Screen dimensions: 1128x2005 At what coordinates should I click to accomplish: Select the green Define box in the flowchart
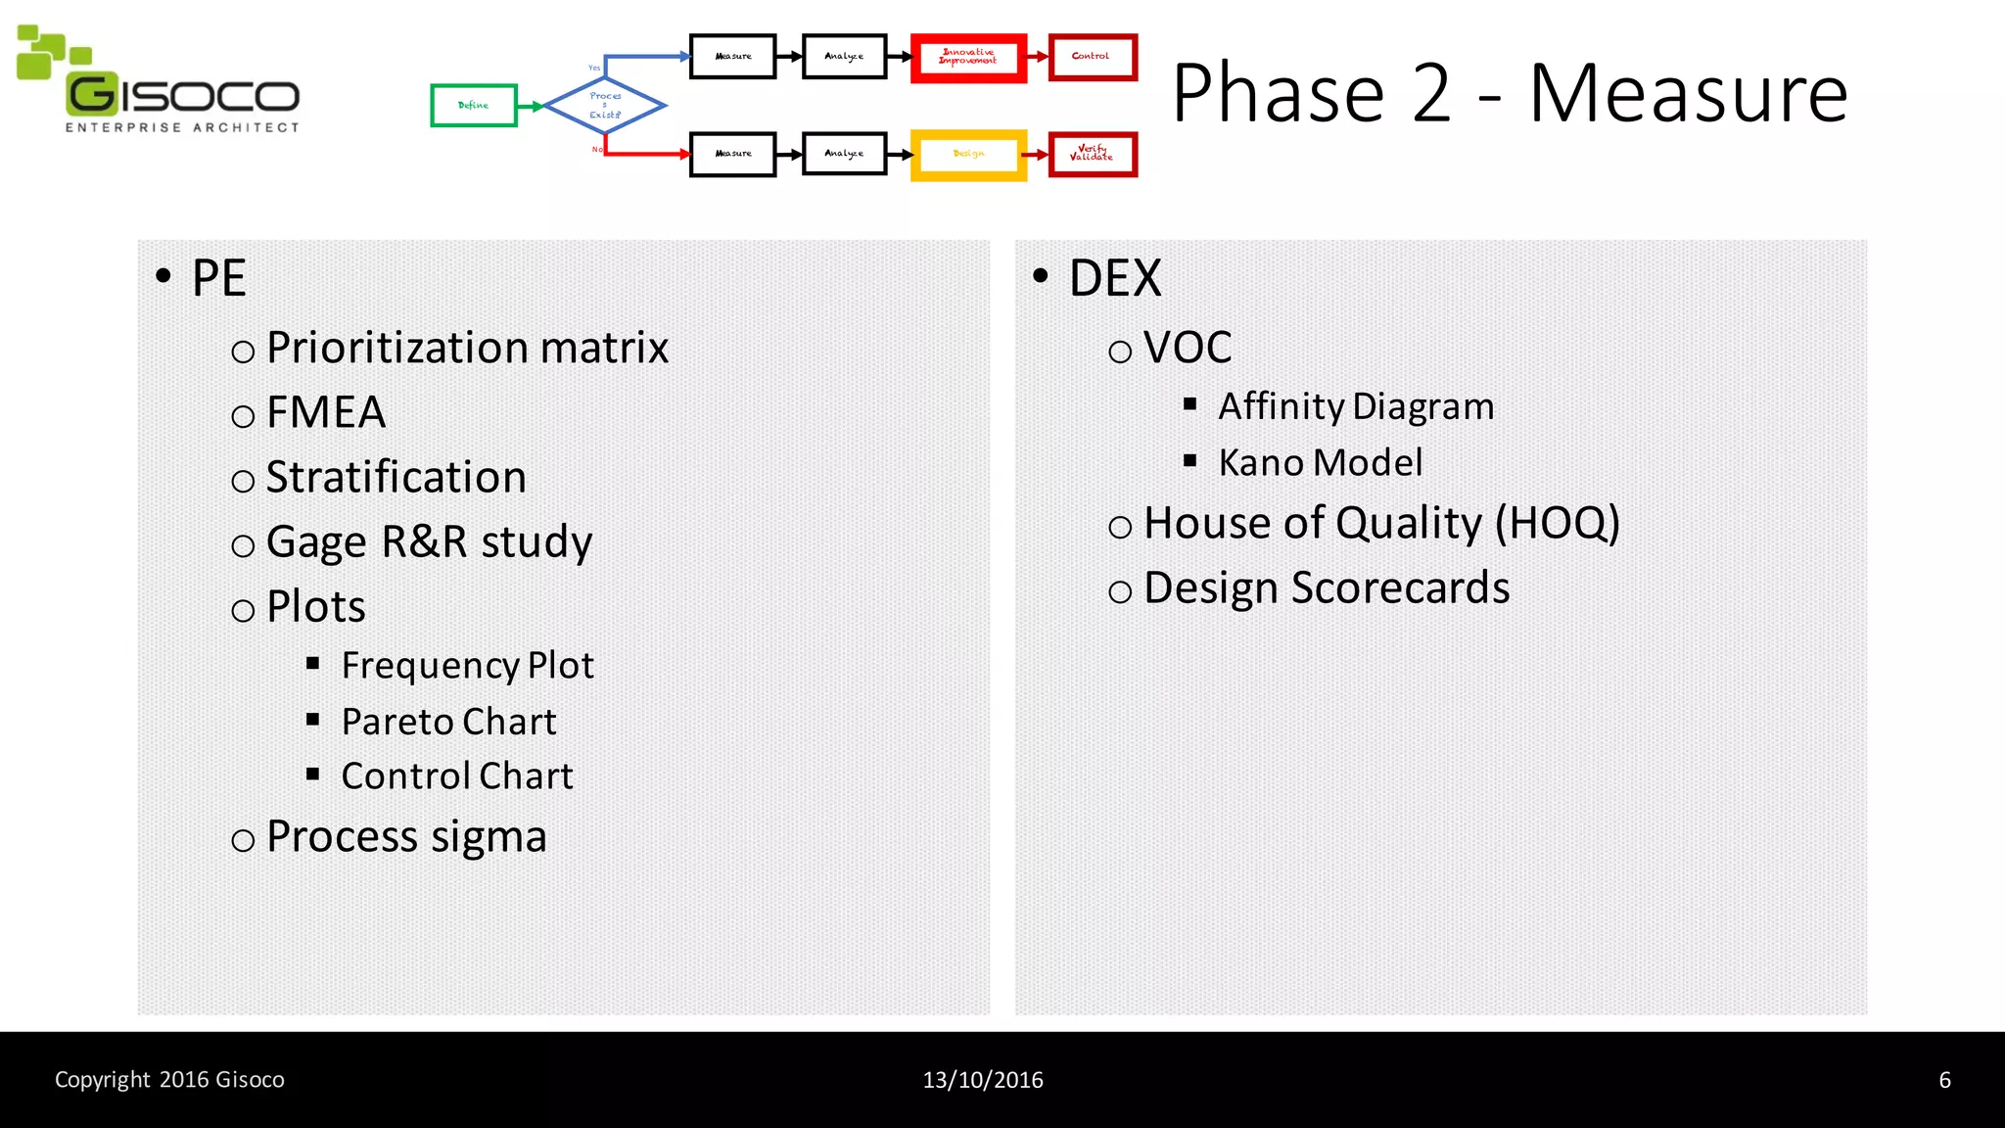[x=474, y=106]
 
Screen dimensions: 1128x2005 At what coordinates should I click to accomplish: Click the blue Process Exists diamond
[x=605, y=106]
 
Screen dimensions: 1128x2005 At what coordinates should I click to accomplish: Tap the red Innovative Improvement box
[x=968, y=58]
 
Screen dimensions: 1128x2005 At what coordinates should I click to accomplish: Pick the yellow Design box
[x=968, y=155]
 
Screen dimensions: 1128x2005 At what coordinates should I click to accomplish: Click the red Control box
[x=1092, y=57]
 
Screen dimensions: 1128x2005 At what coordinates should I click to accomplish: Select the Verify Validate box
[x=1092, y=155]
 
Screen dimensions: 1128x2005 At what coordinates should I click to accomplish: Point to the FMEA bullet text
[x=325, y=412]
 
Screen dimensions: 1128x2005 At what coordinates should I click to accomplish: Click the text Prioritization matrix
[x=467, y=348]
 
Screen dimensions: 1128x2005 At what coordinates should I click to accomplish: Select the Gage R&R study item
[x=429, y=541]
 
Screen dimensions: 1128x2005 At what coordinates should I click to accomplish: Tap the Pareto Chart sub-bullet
[x=448, y=722]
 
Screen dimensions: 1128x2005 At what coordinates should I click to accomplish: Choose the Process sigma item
[x=406, y=837]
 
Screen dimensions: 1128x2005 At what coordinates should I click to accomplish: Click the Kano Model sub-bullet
[x=1320, y=462]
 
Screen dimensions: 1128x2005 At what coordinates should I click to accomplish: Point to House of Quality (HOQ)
[x=1380, y=523]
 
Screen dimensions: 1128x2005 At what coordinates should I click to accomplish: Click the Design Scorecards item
[x=1326, y=587]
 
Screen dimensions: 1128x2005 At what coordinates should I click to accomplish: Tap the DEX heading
[x=1114, y=278]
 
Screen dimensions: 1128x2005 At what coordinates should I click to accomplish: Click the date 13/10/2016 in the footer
[x=983, y=1080]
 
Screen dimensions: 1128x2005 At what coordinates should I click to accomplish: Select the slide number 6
[x=1944, y=1080]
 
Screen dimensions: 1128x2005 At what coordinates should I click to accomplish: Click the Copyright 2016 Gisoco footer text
[x=169, y=1080]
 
